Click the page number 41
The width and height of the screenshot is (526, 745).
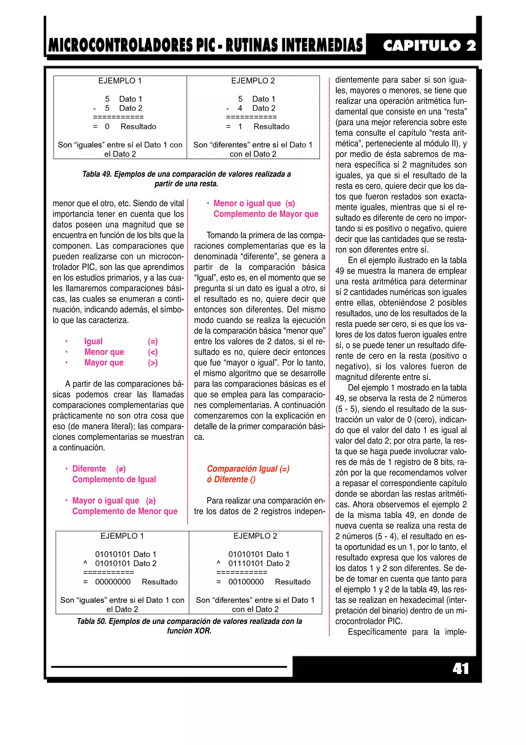coord(461,669)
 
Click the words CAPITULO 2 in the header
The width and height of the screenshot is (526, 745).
coord(429,46)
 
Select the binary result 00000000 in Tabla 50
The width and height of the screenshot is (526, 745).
coord(113,582)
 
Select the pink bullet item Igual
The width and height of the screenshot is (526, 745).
coord(93,341)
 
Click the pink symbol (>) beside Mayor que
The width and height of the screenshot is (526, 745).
coord(153,363)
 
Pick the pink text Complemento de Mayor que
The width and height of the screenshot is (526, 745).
coord(266,214)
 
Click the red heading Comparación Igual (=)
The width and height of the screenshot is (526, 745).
coord(248,469)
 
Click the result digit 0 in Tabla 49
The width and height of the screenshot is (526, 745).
coord(107,126)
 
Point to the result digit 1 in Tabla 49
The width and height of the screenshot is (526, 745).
coord(240,126)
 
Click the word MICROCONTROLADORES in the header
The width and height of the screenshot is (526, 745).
coord(120,46)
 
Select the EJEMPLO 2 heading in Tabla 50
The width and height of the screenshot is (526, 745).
coord(255,536)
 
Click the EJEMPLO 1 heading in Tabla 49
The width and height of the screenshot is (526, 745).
coord(120,81)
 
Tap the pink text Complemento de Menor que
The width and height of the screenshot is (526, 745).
coord(125,511)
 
